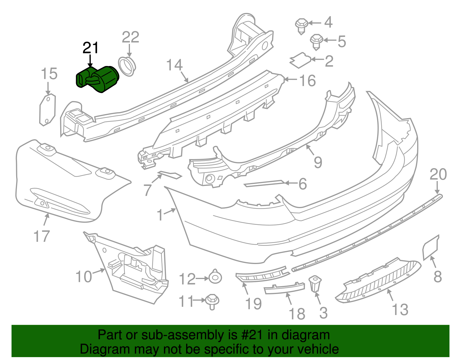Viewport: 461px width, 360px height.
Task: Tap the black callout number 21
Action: tap(90, 48)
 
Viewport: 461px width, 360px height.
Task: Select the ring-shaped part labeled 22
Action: tap(127, 66)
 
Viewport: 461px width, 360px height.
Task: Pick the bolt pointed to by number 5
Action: tap(316, 41)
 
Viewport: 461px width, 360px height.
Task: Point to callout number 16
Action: tap(307, 80)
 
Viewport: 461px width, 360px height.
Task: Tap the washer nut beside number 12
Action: tap(215, 278)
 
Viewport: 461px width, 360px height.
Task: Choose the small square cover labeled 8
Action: tap(430, 247)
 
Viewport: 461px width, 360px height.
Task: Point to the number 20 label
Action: tap(438, 174)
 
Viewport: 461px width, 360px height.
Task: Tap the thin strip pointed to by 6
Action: tap(264, 183)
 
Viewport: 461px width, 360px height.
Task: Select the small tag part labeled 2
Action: tap(300, 61)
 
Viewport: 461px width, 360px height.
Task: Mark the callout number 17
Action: tap(42, 236)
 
